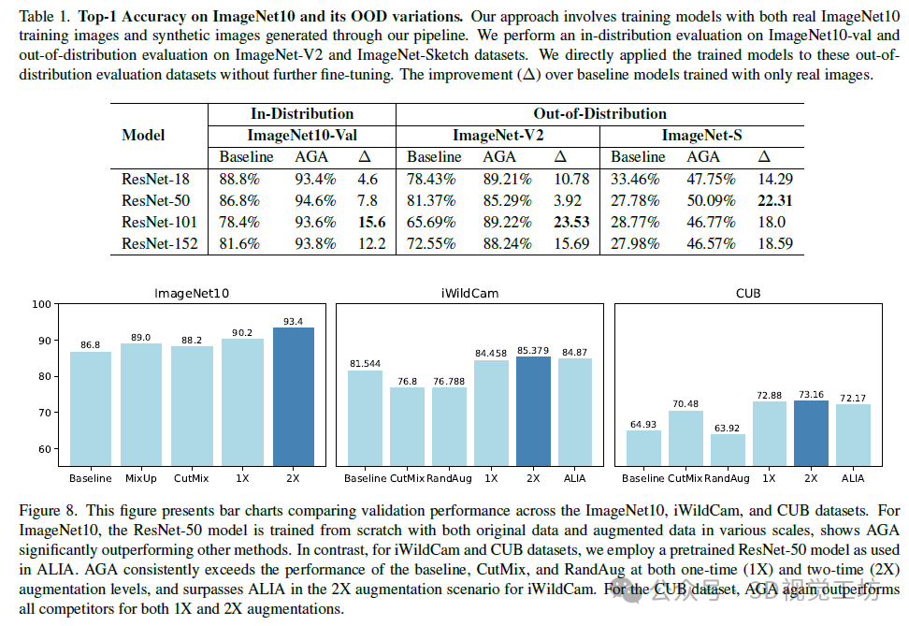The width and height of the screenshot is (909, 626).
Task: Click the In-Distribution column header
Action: coord(301,113)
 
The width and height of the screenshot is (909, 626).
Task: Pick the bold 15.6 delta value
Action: coord(371,222)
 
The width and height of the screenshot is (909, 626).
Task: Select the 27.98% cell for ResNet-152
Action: coord(637,243)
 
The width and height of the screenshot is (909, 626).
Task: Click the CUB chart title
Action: coord(747,293)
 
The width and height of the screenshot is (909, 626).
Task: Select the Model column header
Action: coord(143,135)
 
